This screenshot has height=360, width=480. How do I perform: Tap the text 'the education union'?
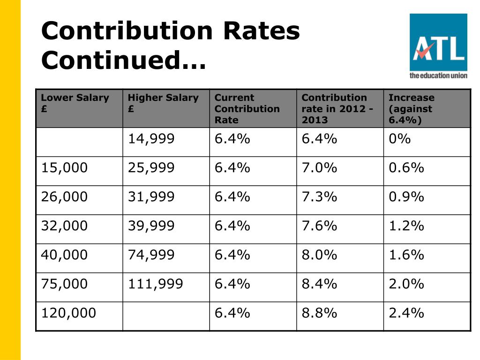coord(438,75)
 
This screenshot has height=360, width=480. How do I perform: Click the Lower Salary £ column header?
coord(75,103)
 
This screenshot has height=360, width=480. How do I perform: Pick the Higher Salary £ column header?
coord(163,103)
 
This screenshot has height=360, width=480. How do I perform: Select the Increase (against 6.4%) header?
coord(412,109)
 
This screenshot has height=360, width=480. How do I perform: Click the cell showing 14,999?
coord(151,139)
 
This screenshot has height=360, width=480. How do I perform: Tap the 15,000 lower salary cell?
coord(64,168)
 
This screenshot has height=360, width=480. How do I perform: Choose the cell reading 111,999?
coord(155,284)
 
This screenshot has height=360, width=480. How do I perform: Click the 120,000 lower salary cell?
coord(68,313)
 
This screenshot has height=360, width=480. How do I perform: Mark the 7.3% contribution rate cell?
coord(319,197)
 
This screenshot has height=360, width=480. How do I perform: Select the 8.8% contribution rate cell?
coord(319,313)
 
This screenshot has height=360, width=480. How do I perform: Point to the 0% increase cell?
coord(399,139)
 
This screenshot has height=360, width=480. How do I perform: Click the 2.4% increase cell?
coord(406,313)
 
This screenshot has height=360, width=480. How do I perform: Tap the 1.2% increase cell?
coord(406,226)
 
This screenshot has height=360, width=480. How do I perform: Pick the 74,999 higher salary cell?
coord(151,255)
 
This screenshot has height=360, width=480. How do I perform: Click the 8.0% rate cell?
coord(319,255)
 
